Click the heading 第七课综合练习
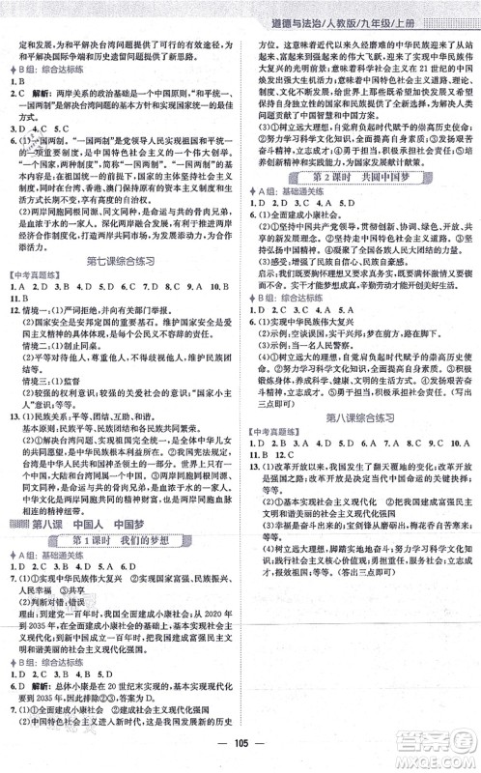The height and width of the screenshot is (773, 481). coord(119,259)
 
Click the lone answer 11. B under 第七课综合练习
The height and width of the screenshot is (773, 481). coord(19,298)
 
